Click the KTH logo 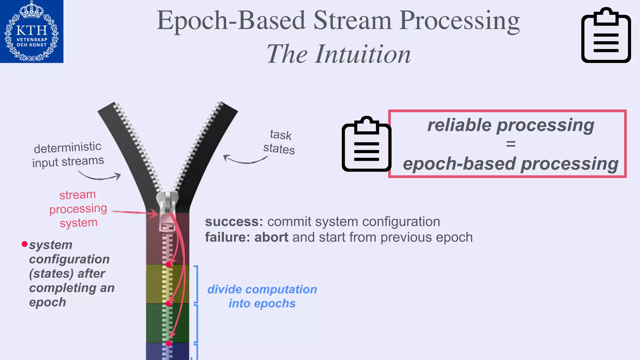click(x=32, y=31)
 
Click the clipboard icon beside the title click(x=606, y=35)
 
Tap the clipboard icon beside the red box click(x=366, y=144)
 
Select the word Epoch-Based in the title click(x=231, y=21)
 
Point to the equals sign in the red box click(x=511, y=144)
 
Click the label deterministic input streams click(x=68, y=154)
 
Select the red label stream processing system click(x=78, y=208)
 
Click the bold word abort click(x=271, y=237)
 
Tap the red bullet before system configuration click(x=24, y=244)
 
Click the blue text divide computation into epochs click(x=262, y=296)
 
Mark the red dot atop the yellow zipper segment click(x=168, y=265)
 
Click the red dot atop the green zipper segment click(x=168, y=303)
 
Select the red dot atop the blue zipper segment click(x=168, y=343)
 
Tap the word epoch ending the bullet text click(x=47, y=302)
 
